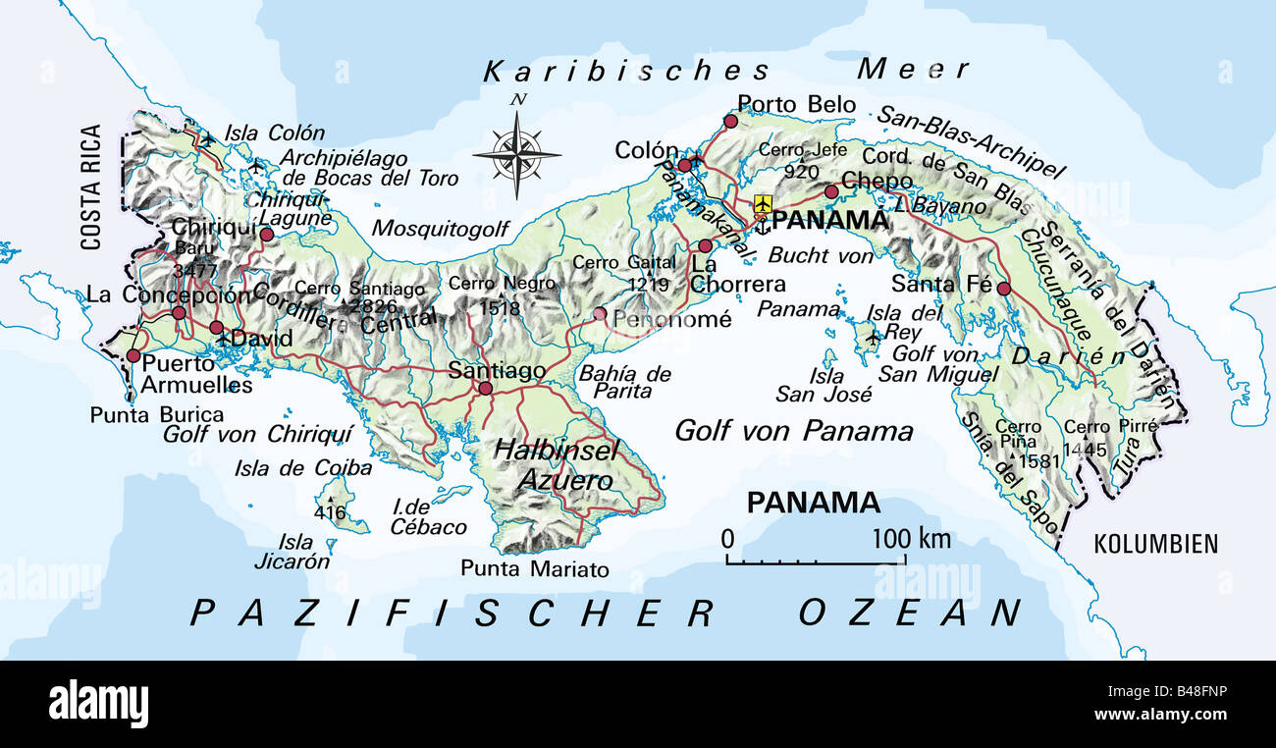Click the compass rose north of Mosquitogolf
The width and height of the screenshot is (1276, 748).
516,153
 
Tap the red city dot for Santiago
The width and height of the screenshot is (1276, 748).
485,388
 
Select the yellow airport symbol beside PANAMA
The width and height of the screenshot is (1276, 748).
763,203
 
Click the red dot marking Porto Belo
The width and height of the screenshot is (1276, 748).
730,121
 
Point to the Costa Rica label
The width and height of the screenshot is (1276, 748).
91,187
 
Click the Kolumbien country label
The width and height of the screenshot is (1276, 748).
1155,544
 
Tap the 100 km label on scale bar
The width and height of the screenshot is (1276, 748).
910,538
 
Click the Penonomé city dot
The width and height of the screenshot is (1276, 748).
600,314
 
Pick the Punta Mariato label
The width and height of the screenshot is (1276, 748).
535,569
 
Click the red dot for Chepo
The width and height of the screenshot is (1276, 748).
831,191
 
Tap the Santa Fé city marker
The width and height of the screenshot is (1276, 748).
1003,289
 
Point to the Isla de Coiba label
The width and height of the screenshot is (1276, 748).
302,468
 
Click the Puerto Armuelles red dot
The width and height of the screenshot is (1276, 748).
133,355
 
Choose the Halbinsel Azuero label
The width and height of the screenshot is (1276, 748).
556,465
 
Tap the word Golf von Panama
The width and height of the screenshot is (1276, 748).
793,430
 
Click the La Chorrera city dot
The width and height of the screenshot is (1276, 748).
705,245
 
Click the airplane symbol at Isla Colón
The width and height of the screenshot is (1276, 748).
207,138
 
